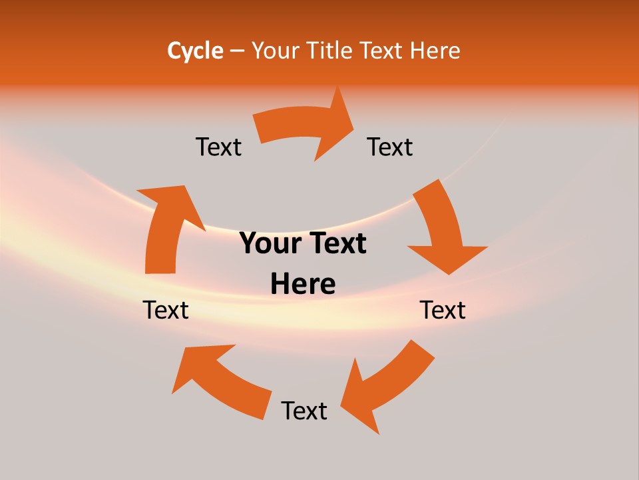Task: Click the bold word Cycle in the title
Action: [195, 51]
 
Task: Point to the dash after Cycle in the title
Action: [237, 51]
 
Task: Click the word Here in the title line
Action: [435, 51]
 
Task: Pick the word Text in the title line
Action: [383, 51]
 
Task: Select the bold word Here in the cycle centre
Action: [303, 284]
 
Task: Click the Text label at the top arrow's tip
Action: [390, 147]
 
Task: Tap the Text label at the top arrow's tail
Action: [218, 147]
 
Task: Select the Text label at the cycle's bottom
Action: [304, 411]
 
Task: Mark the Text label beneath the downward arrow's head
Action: [443, 310]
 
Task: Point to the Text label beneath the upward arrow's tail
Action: [166, 310]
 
